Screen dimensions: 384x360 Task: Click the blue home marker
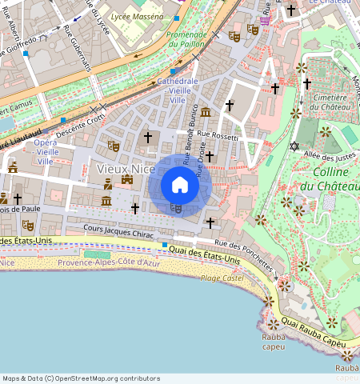coord(180,186)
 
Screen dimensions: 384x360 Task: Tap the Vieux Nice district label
coord(126,169)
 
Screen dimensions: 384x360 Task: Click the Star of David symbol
coord(294,146)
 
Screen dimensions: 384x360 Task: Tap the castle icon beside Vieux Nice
coord(126,180)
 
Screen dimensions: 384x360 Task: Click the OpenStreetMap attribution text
coord(80,378)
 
